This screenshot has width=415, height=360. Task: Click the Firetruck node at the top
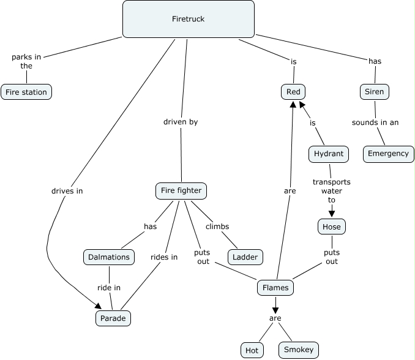click(x=188, y=19)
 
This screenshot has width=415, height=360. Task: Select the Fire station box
click(x=26, y=92)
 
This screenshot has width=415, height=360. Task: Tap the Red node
click(x=293, y=92)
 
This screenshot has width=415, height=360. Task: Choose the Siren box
click(x=374, y=92)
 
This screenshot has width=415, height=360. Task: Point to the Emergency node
click(x=389, y=154)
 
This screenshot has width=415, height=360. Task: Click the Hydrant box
click(x=329, y=154)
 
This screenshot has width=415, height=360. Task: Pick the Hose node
click(x=332, y=227)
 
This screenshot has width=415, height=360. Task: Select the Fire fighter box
click(x=181, y=190)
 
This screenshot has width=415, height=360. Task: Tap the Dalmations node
click(x=109, y=257)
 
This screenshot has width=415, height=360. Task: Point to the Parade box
click(x=113, y=318)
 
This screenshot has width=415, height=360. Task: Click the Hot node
click(x=252, y=350)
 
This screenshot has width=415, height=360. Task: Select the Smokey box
click(x=299, y=350)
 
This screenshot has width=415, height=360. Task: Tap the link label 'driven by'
click(x=181, y=122)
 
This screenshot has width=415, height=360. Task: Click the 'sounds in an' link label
click(x=375, y=122)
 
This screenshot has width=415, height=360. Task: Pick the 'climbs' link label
click(x=217, y=227)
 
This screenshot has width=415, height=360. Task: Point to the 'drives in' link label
click(x=67, y=190)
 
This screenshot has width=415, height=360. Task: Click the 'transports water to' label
click(x=332, y=190)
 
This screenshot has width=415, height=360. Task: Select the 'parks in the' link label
click(x=26, y=61)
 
